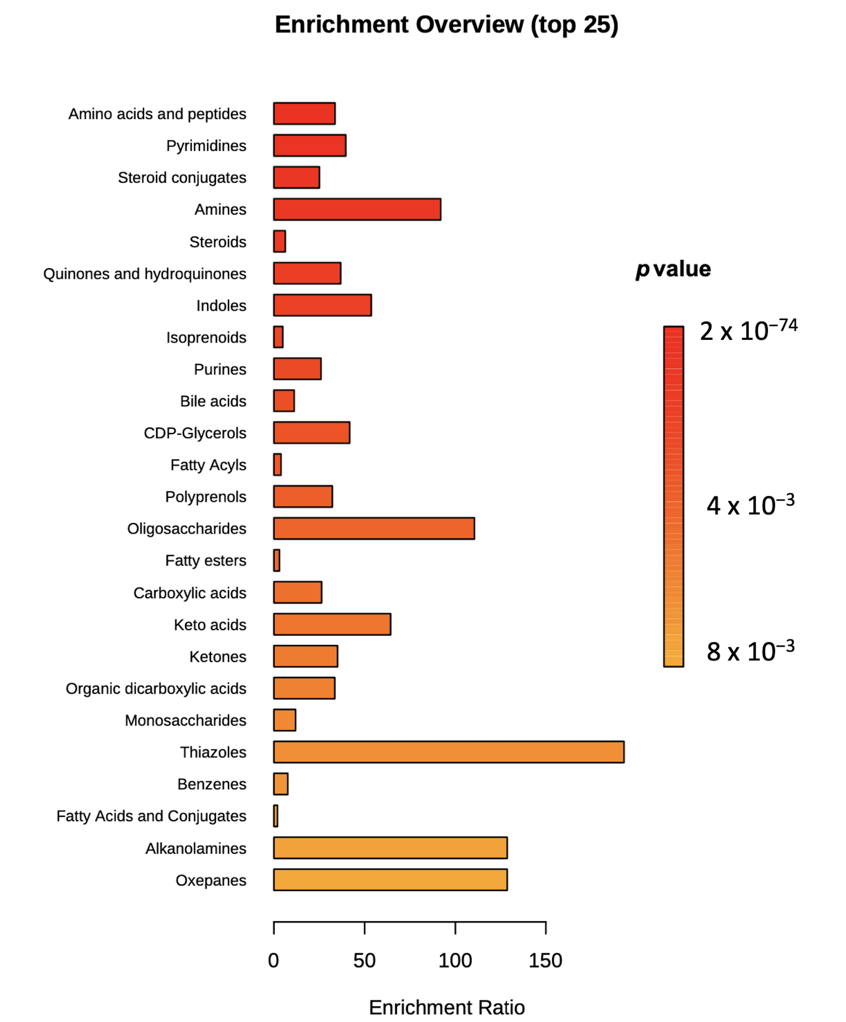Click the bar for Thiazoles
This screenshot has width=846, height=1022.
click(448, 752)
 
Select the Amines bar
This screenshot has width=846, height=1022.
click(357, 209)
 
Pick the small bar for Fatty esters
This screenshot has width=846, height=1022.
click(277, 560)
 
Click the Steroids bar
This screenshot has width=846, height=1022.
click(280, 241)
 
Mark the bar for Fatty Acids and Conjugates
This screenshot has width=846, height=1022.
click(276, 816)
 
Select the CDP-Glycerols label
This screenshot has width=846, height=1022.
click(195, 433)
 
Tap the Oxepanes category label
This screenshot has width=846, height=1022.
click(211, 880)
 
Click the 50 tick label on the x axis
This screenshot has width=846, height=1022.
click(364, 961)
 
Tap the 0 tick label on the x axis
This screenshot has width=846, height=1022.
click(274, 961)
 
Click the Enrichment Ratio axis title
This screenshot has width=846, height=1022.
click(447, 1007)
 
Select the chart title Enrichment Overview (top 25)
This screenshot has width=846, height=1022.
click(446, 24)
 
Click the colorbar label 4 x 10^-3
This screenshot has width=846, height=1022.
click(750, 505)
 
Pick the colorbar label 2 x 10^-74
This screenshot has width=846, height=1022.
click(748, 331)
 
